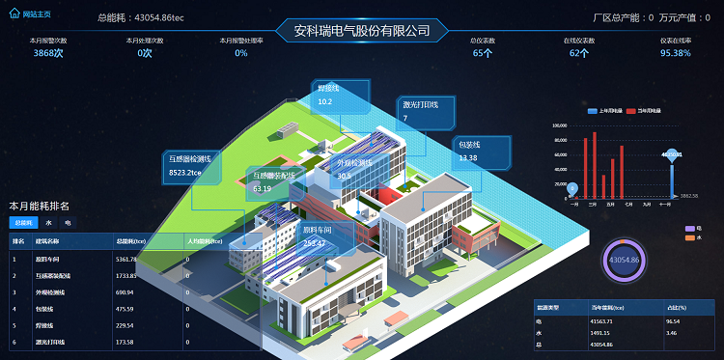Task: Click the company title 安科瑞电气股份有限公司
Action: click(x=361, y=31)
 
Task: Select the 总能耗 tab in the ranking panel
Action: click(x=21, y=223)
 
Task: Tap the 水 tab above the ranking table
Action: click(x=48, y=223)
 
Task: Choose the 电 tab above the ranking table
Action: click(x=68, y=223)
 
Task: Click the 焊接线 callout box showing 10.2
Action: click(x=338, y=95)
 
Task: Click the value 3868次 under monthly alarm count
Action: click(x=48, y=53)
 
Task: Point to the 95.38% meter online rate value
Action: click(x=675, y=53)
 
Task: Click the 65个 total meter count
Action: click(x=483, y=53)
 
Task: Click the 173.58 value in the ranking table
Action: click(x=125, y=342)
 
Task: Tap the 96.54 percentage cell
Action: click(x=673, y=320)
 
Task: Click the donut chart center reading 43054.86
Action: click(x=623, y=261)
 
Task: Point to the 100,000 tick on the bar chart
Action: click(x=559, y=126)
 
